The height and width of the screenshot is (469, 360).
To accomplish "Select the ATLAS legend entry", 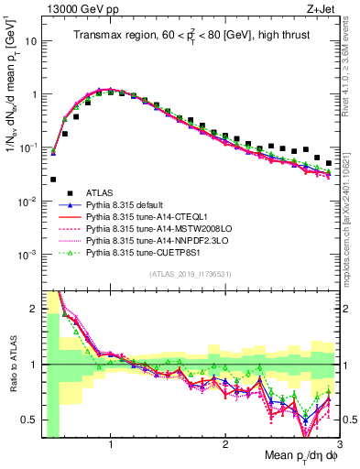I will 99,191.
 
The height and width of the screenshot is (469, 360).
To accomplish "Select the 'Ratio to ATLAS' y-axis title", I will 11,365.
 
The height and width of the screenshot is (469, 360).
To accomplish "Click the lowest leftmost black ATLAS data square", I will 53,180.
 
